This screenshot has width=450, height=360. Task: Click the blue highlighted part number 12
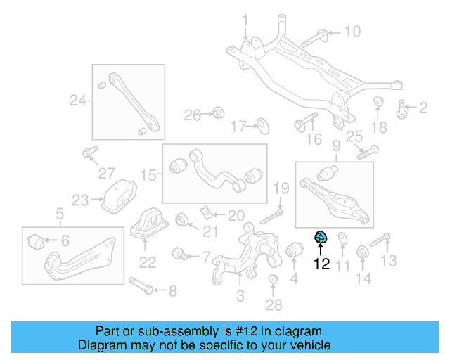321,239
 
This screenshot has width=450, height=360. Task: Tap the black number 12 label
322,264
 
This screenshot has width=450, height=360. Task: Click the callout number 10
352,32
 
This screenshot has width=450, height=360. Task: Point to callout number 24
77,101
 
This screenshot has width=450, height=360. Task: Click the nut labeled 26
218,112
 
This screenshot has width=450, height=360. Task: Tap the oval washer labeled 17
262,127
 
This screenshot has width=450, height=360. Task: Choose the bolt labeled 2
403,108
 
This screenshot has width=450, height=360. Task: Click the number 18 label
379,127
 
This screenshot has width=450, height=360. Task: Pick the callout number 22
147,263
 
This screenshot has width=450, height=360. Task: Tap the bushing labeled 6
39,243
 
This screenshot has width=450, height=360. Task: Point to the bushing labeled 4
295,250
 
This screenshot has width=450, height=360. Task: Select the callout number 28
274,304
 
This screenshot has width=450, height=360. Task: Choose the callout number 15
146,174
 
